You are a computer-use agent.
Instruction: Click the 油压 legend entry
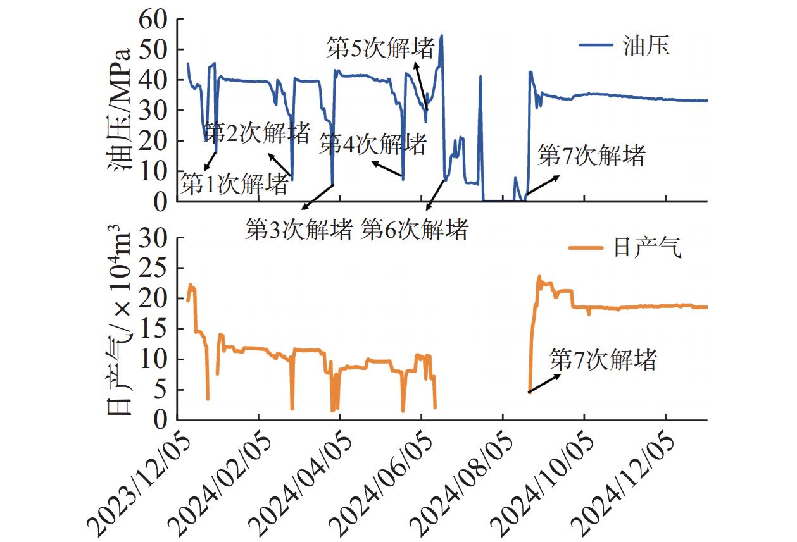(646, 46)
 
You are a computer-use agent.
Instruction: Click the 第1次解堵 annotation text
(235, 185)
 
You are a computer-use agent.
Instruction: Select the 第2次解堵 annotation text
(258, 133)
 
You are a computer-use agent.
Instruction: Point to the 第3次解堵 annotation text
(299, 230)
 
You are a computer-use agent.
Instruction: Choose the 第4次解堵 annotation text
(372, 144)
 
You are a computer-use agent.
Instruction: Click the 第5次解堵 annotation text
(380, 49)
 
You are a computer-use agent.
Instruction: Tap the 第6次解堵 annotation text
(415, 230)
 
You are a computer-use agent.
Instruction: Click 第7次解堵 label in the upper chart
(591, 156)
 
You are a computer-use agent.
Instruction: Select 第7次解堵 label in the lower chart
(603, 360)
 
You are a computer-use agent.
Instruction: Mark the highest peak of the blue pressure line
(441, 36)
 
